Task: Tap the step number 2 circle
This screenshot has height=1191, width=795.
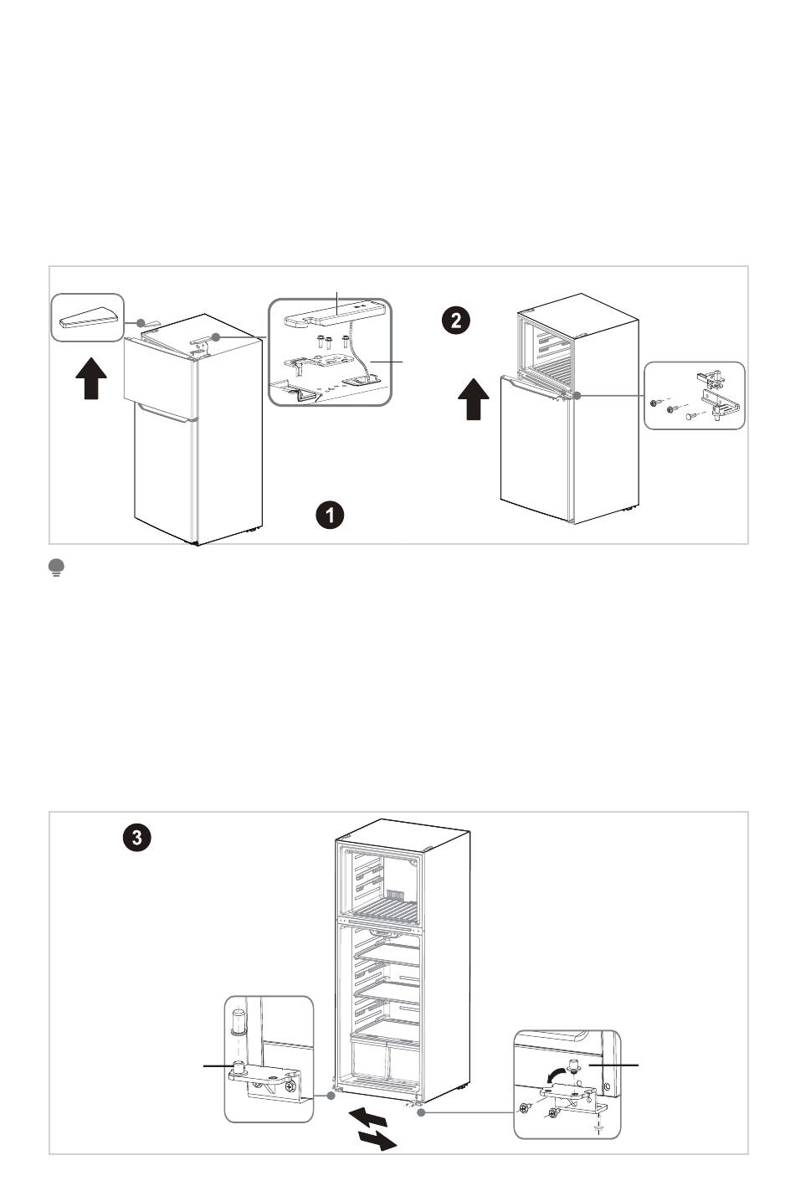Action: pos(456,320)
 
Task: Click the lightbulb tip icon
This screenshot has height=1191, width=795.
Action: pos(57,569)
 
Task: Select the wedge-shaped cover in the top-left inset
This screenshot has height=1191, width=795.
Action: pos(86,316)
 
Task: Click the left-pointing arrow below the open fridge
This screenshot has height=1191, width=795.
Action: pos(367,1117)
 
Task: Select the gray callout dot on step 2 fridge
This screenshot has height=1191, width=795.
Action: pos(577,394)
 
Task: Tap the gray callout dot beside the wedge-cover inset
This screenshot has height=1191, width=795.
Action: pos(142,322)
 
